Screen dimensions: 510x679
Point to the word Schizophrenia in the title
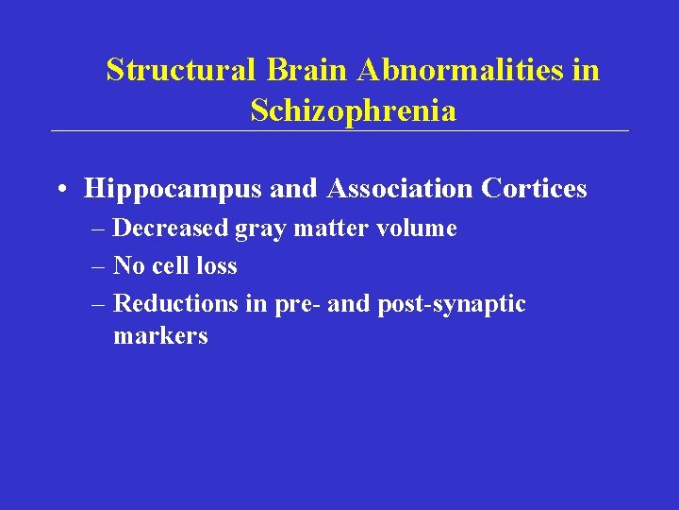pyautogui.click(x=354, y=111)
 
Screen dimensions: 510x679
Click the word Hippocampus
pyautogui.click(x=174, y=190)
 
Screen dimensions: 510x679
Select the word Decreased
pyautogui.click(x=166, y=229)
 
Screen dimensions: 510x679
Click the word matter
pyautogui.click(x=323, y=229)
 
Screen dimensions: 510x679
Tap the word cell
pyautogui.click(x=171, y=266)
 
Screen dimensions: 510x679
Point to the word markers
pyautogui.click(x=160, y=336)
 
